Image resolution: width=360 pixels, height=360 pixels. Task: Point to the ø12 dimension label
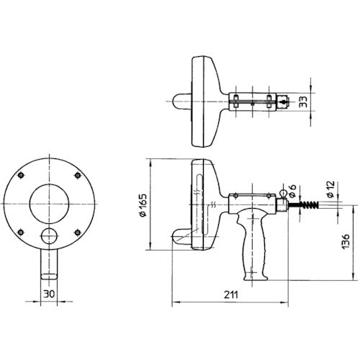coord(329,189)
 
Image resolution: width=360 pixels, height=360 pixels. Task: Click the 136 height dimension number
coord(346,243)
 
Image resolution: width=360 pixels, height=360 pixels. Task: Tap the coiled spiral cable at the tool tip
coord(308,206)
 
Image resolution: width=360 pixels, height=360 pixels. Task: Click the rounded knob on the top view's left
coord(180,102)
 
